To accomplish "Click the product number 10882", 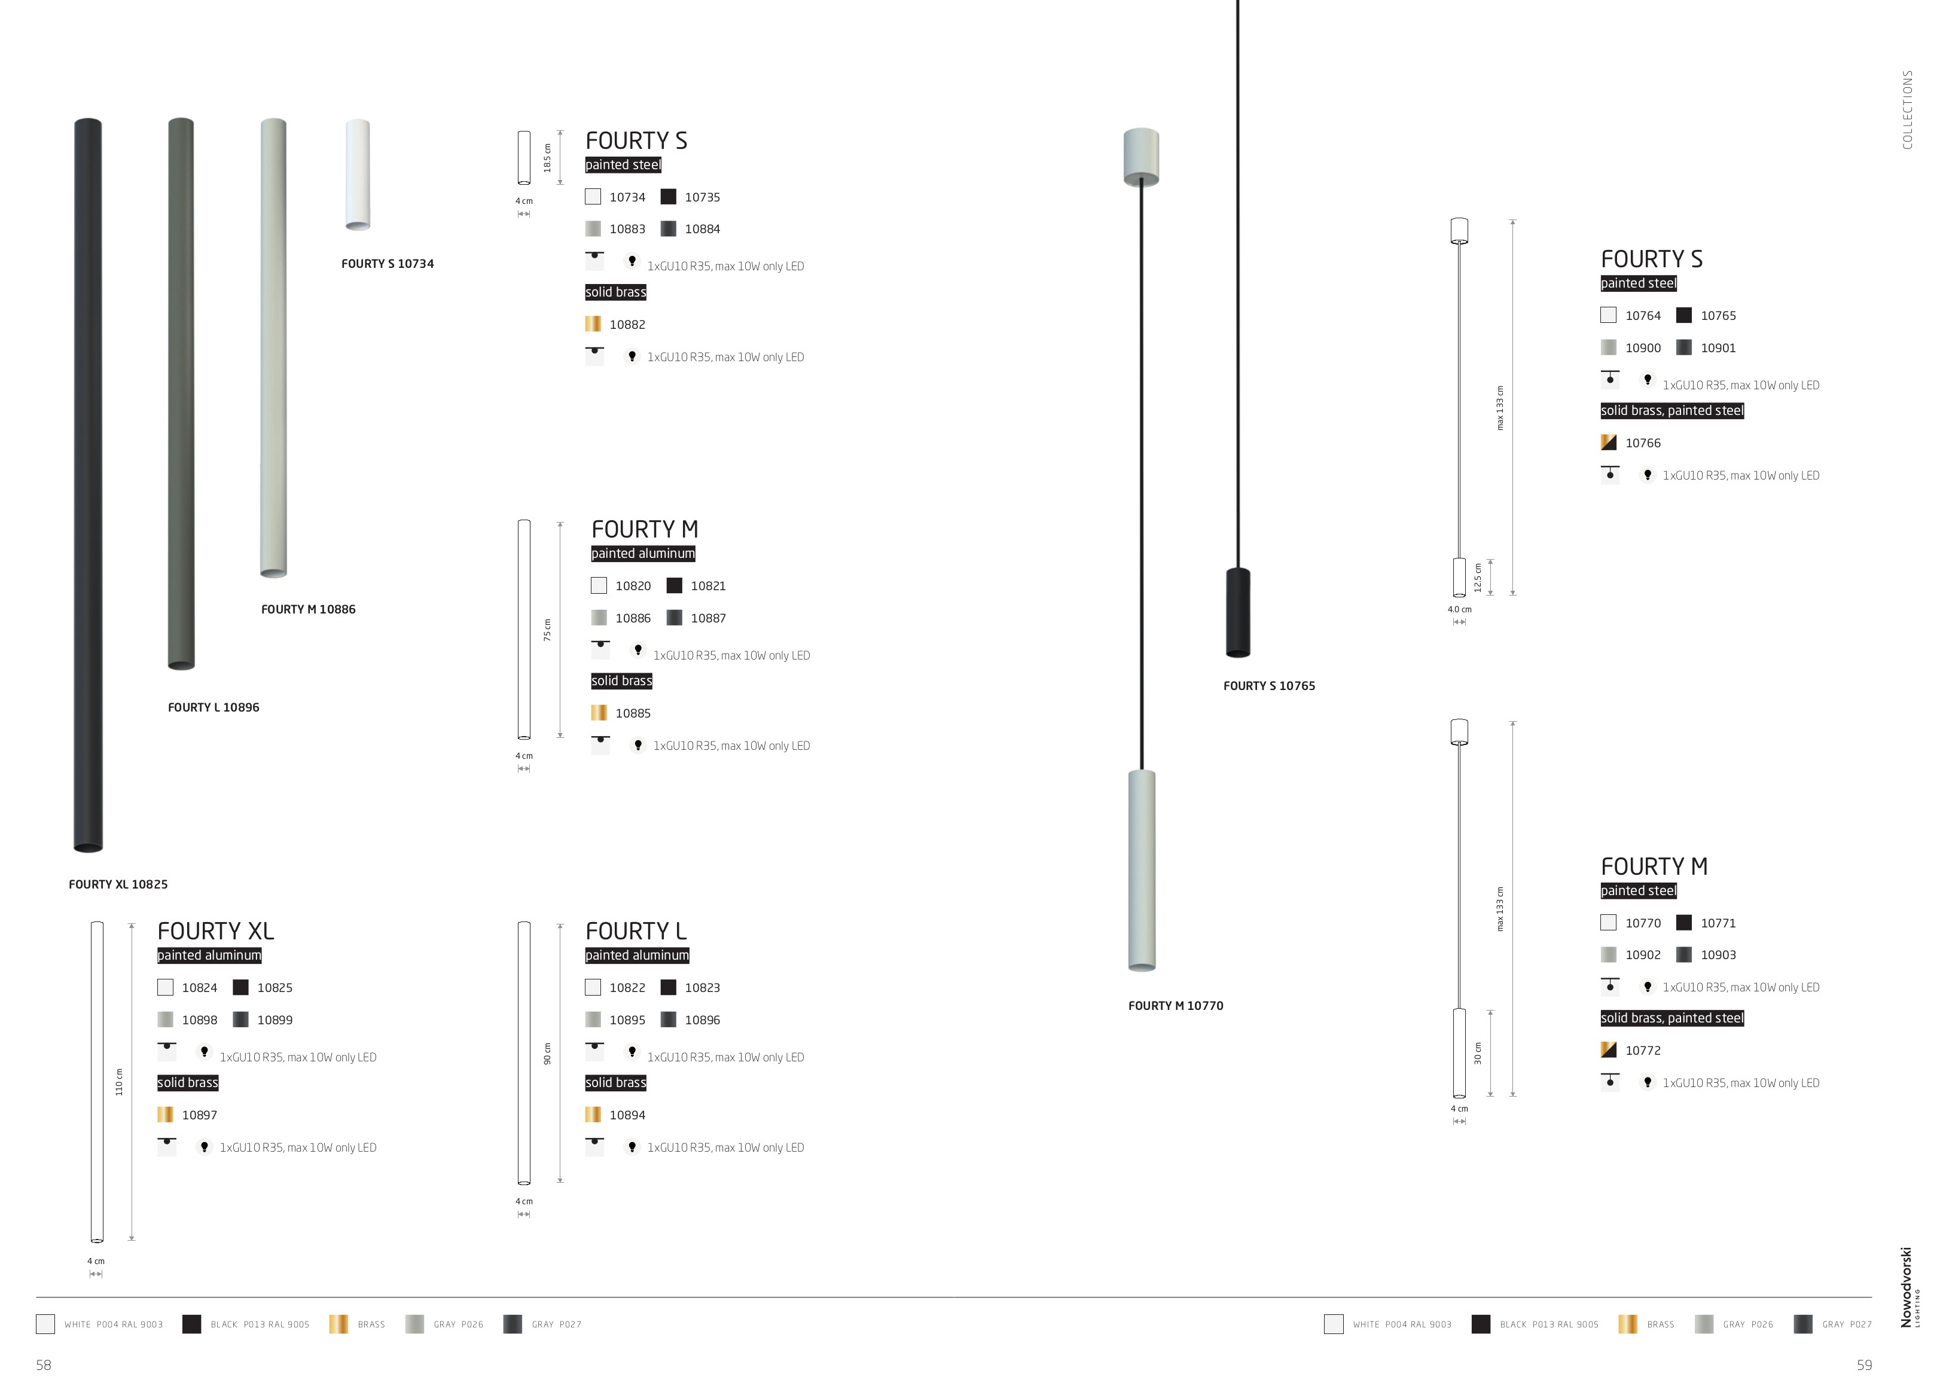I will pyautogui.click(x=627, y=325).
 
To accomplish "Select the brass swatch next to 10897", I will pyautogui.click(x=165, y=1115).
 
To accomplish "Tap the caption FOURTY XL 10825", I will pyautogui.click(x=118, y=884).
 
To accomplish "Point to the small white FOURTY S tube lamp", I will pyautogui.click(x=357, y=175).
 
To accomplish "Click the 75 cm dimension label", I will pyautogui.click(x=547, y=630).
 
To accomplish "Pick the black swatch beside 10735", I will pyautogui.click(x=668, y=197).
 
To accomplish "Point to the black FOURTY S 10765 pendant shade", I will pyautogui.click(x=1238, y=612).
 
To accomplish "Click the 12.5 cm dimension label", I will pyautogui.click(x=1478, y=578).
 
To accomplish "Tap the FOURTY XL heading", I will pyautogui.click(x=216, y=931).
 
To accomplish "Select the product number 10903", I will pyautogui.click(x=1718, y=955).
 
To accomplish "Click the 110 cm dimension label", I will pyautogui.click(x=119, y=1082).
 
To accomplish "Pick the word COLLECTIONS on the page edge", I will pyautogui.click(x=1907, y=109).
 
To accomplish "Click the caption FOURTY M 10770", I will pyautogui.click(x=1175, y=1006).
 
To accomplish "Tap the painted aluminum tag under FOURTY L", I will pyautogui.click(x=636, y=955).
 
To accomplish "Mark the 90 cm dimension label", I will pyautogui.click(x=547, y=1054).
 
